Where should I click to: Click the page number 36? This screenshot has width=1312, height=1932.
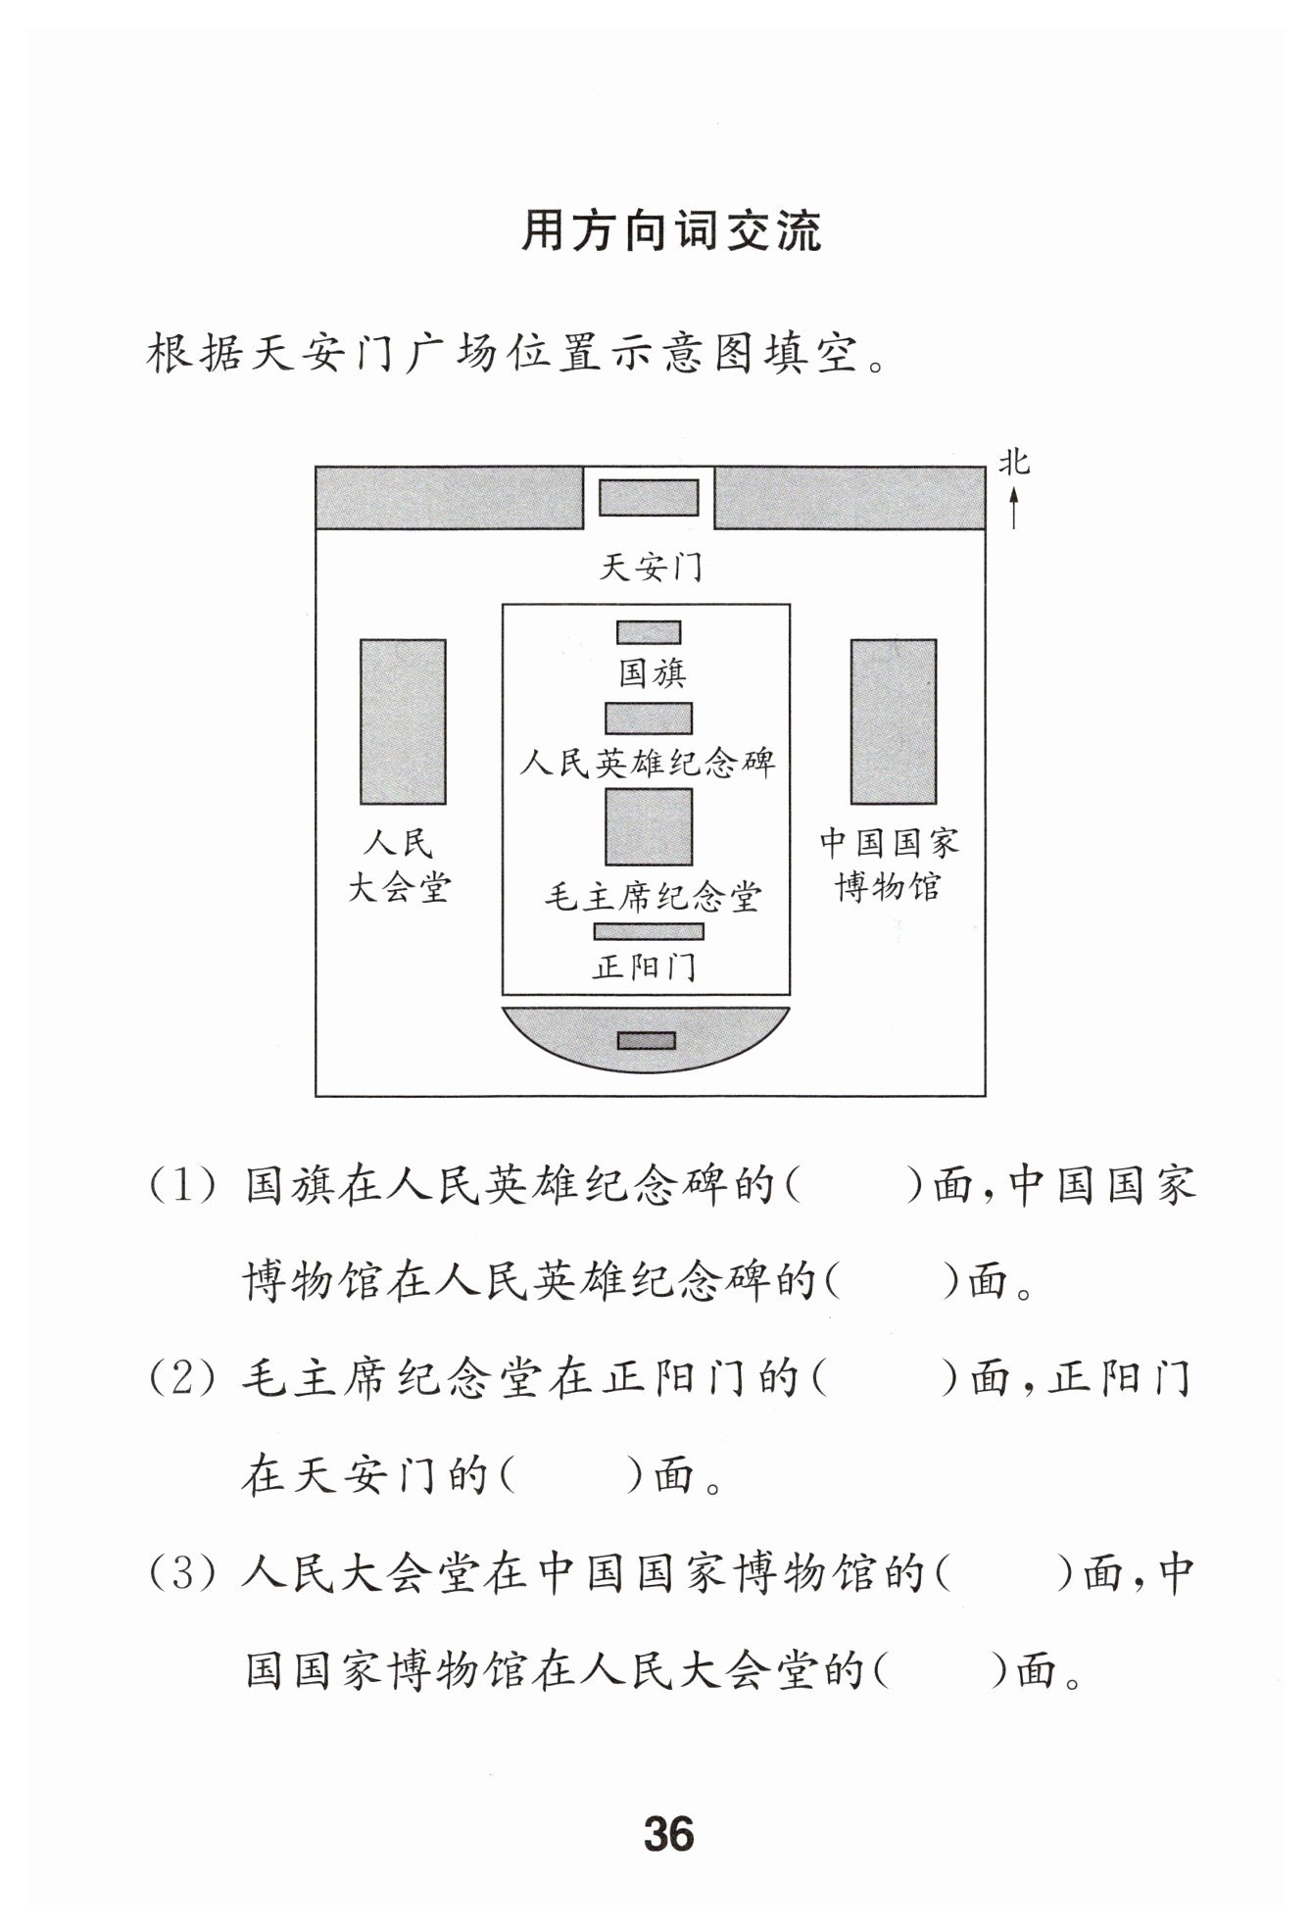[668, 1832]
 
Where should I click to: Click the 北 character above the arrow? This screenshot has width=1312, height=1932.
[1014, 463]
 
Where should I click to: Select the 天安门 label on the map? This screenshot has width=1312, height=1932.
[651, 567]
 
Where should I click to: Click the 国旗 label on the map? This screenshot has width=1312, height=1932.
[652, 673]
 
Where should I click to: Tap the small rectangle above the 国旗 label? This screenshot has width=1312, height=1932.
[648, 632]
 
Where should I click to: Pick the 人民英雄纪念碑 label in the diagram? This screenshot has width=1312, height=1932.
[648, 762]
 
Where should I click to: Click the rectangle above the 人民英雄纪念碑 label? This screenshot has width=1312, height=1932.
[648, 718]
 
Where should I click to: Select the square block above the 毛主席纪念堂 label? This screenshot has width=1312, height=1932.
[648, 826]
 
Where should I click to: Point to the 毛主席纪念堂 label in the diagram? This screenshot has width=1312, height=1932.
[653, 897]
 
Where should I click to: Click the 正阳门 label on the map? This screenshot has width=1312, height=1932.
[644, 967]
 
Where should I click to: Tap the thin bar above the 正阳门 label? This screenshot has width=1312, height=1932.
[648, 931]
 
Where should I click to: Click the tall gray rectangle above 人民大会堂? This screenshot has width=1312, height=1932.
[403, 721]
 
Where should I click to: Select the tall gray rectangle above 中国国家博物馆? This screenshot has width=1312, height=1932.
[893, 721]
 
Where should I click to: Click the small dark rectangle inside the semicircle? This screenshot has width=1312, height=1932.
[646, 1040]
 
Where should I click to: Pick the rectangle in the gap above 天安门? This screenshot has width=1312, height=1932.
[649, 497]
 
